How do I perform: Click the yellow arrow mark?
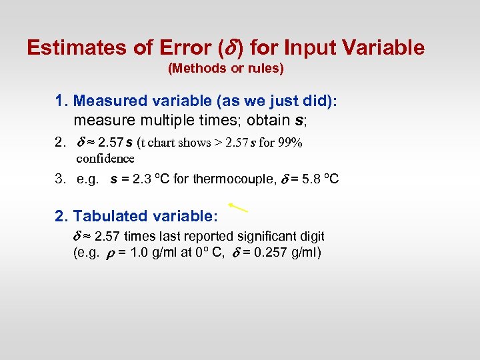pos(238,207)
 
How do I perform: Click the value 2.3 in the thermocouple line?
pos(141,179)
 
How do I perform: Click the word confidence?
pos(105,158)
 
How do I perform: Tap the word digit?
pos(310,236)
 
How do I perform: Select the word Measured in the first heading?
pos(109,101)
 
